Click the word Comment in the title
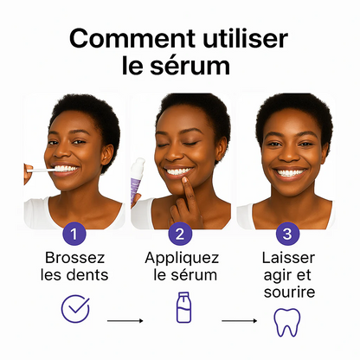122,39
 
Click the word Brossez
75,258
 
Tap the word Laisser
287,258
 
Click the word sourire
287,292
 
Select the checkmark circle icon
75,309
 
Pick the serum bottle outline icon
183,308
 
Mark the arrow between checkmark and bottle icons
125,320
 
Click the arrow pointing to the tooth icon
237,320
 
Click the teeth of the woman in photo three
289,172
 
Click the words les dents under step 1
75,275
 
